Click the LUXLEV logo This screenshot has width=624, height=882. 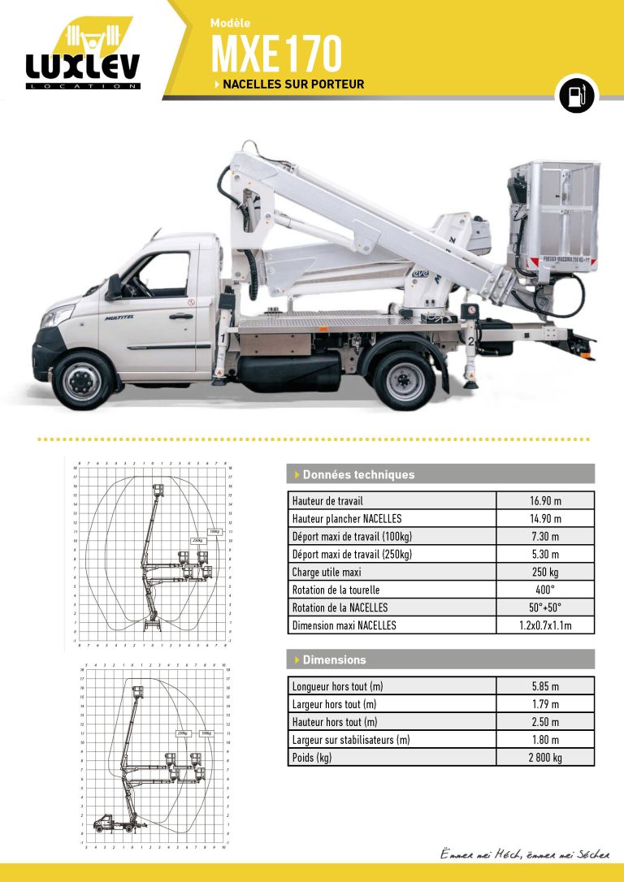point(82,55)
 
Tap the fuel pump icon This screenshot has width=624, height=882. point(575,96)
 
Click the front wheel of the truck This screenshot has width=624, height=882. point(84,379)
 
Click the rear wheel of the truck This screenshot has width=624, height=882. point(405,379)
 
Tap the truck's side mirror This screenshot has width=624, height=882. point(113,287)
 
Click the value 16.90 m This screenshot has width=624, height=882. point(545,500)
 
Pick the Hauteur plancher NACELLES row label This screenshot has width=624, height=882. point(347,518)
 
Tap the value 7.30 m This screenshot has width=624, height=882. point(545,536)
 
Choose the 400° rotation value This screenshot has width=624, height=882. point(545,590)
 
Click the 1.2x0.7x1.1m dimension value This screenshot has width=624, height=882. point(545,625)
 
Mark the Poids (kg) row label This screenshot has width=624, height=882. point(312,757)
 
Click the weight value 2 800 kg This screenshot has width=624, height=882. point(545,757)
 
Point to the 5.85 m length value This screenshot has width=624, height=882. point(545,685)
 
